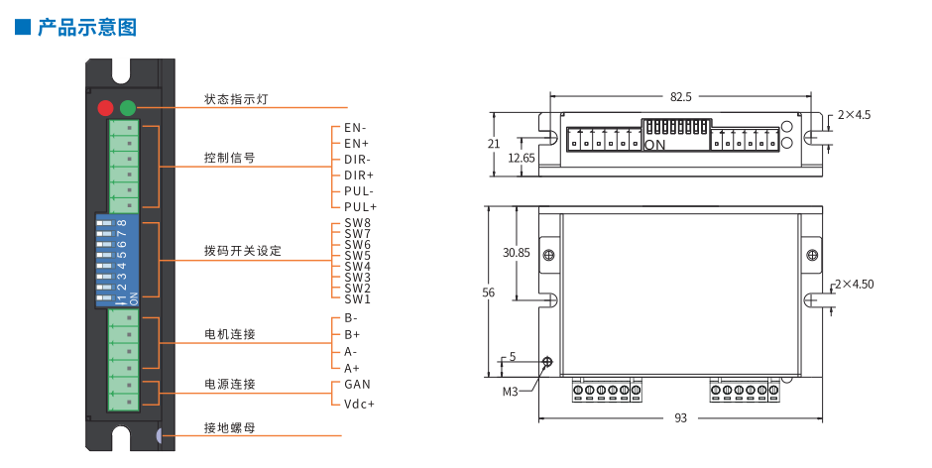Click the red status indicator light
105,108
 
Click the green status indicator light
127,108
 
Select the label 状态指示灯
235,99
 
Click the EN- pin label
355,128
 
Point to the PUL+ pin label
360,206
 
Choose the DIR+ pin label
359,175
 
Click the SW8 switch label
357,223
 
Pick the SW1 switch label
357,298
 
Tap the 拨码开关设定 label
242,251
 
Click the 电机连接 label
229,334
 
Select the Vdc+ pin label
359,404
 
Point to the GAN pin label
357,384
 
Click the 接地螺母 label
229,428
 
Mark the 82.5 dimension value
680,97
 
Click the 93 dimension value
680,418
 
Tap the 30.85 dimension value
516,253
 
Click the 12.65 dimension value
521,158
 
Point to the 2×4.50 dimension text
854,285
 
